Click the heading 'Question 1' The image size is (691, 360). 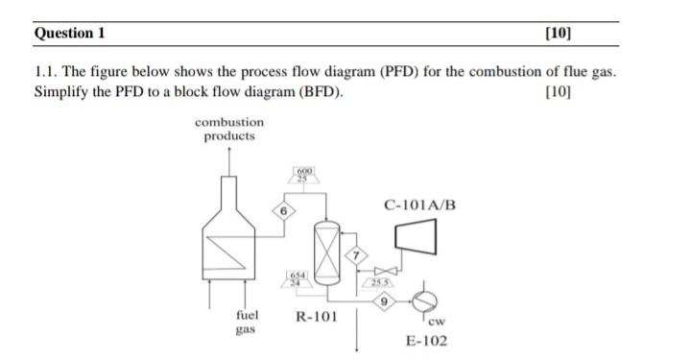(69, 33)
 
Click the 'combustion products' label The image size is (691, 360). (229, 129)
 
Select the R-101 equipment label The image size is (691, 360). (315, 316)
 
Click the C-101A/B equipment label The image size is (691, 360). (419, 204)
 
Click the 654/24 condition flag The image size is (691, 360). (298, 278)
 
